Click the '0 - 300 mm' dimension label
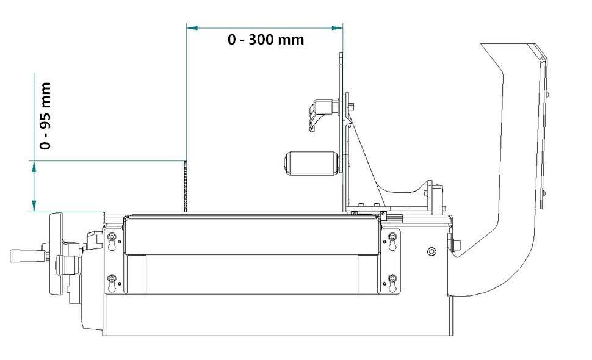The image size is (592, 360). (266, 40)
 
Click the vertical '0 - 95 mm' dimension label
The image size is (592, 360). (45, 116)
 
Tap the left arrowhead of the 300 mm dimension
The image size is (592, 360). (192, 28)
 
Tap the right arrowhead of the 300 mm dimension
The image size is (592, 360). (337, 28)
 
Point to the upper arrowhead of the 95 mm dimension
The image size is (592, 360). (34, 167)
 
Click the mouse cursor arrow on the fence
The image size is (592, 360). (348, 123)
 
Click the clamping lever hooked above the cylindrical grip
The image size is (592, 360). (323, 113)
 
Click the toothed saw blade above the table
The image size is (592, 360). (185, 186)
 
